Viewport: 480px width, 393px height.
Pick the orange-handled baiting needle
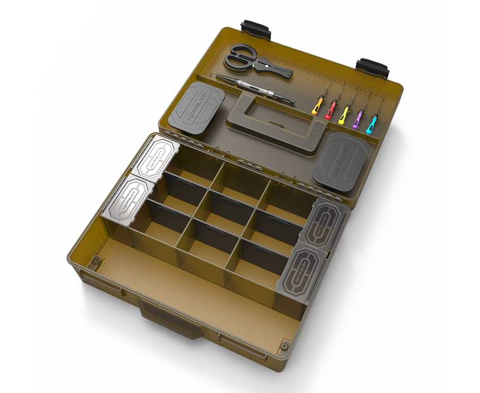pyautogui.click(x=318, y=105)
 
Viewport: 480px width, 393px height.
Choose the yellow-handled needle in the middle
pyautogui.click(x=344, y=114)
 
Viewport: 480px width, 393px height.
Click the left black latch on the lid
pyautogui.click(x=256, y=27)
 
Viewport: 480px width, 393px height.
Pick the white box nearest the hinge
pyautogui.click(x=155, y=158)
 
